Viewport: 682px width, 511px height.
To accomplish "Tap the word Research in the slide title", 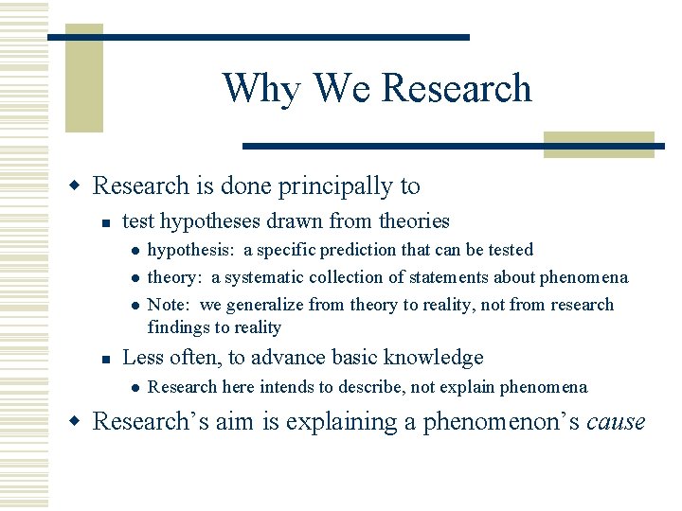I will click(456, 88).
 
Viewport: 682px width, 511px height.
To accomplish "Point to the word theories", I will click(414, 221).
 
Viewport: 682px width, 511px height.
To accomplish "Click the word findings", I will click(179, 327).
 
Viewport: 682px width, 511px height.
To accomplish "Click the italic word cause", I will click(616, 422).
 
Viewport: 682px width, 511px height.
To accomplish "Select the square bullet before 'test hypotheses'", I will click(108, 223).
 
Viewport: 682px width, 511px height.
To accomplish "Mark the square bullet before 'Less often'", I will click(108, 360).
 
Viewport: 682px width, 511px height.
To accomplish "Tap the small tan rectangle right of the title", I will click(599, 144).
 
